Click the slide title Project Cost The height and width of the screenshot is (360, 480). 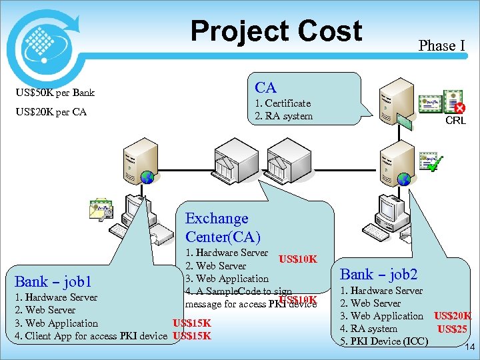pos(276,31)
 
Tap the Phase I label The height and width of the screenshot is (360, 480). pos(441,45)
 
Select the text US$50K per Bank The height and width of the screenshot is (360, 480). pos(56,92)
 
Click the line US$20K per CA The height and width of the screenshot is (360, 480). pos(52,112)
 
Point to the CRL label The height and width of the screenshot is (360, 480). pos(455,121)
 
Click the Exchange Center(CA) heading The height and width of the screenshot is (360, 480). pos(222,227)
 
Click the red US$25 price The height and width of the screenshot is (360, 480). pos(451,329)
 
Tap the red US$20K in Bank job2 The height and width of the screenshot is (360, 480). pos(453,316)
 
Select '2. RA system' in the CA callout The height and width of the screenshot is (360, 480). pos(284,116)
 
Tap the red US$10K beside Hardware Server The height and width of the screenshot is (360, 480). pos(297,259)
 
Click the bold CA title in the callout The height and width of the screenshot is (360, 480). pos(265,87)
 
